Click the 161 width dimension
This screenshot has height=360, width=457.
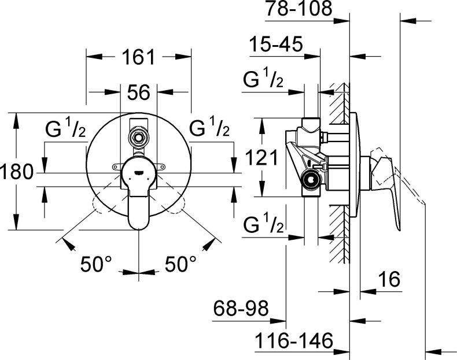coord(139,57)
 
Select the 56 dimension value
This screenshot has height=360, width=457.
coord(138,92)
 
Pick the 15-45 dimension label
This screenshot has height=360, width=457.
coord(276,44)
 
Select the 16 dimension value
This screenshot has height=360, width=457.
coord(390,280)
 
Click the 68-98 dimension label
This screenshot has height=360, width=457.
coord(240,309)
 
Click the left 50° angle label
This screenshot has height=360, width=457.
coord(96,265)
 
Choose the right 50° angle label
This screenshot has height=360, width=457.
coord(181,265)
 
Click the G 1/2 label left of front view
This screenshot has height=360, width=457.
coord(65,130)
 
